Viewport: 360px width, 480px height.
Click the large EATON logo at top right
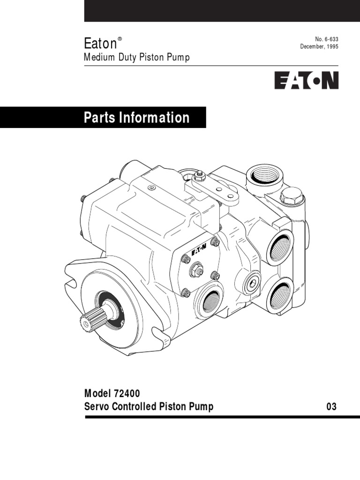point(306,80)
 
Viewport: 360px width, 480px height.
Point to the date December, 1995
point(319,47)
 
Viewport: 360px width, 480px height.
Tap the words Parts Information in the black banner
point(136,117)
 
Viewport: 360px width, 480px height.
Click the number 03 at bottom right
point(331,407)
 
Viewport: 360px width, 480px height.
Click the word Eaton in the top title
point(99,44)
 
